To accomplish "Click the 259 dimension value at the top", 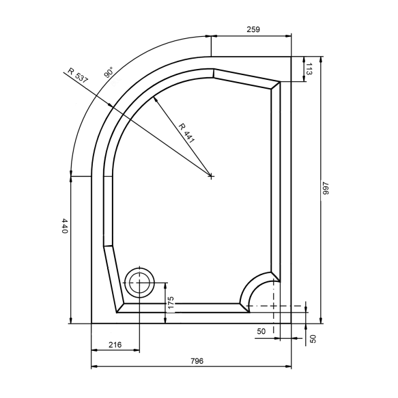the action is (x=253, y=30).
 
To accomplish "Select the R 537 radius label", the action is (x=78, y=75).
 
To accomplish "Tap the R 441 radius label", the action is (x=186, y=133).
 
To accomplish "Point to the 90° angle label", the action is (x=109, y=72).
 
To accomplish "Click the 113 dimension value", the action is (x=309, y=69).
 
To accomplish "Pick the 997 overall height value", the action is (x=325, y=188).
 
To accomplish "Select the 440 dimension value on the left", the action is (x=65, y=226).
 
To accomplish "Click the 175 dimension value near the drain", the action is (x=171, y=302).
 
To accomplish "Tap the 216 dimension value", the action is (x=115, y=345).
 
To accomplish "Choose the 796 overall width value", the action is (x=197, y=360).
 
